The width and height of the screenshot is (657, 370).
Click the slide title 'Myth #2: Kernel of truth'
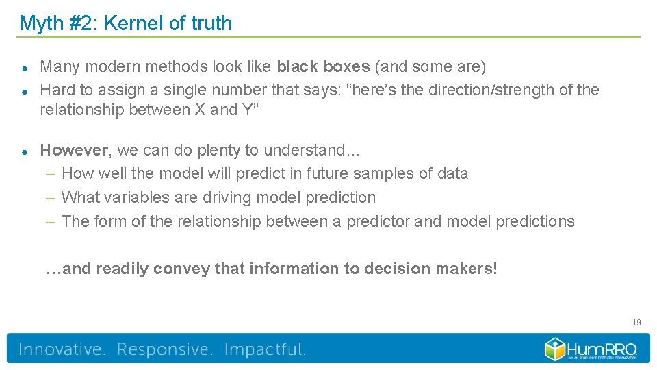(x=125, y=23)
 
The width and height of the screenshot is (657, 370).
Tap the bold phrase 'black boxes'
(x=323, y=66)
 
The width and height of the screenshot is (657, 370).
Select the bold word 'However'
(x=74, y=149)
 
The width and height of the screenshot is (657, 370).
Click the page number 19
(x=636, y=322)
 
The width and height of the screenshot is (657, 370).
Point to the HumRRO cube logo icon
(x=555, y=349)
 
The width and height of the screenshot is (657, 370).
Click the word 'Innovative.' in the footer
(x=62, y=349)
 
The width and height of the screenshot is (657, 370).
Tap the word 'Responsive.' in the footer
(x=165, y=349)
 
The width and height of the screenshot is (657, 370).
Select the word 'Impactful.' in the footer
(x=265, y=349)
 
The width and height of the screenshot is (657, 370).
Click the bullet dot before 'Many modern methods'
(x=24, y=68)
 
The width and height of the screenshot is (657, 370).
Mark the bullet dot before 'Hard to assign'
(x=24, y=90)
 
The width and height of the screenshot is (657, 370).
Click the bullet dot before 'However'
(x=24, y=151)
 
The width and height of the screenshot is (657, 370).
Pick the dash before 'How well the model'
(x=51, y=173)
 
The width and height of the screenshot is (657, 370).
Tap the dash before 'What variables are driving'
(x=51, y=197)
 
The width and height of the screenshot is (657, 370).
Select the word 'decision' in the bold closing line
(x=397, y=269)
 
